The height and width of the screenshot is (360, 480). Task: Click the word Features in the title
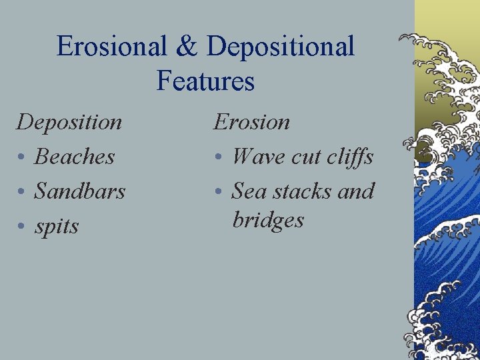pos(205,81)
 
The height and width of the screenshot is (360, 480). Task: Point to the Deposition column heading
pos(69,122)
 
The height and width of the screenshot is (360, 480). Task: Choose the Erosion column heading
pos(251,122)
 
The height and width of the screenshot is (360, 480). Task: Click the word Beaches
pos(75,157)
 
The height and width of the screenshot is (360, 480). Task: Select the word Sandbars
pos(80,191)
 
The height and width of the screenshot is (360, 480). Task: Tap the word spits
pos(57,227)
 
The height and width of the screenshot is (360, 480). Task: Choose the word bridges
pos(268,220)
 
